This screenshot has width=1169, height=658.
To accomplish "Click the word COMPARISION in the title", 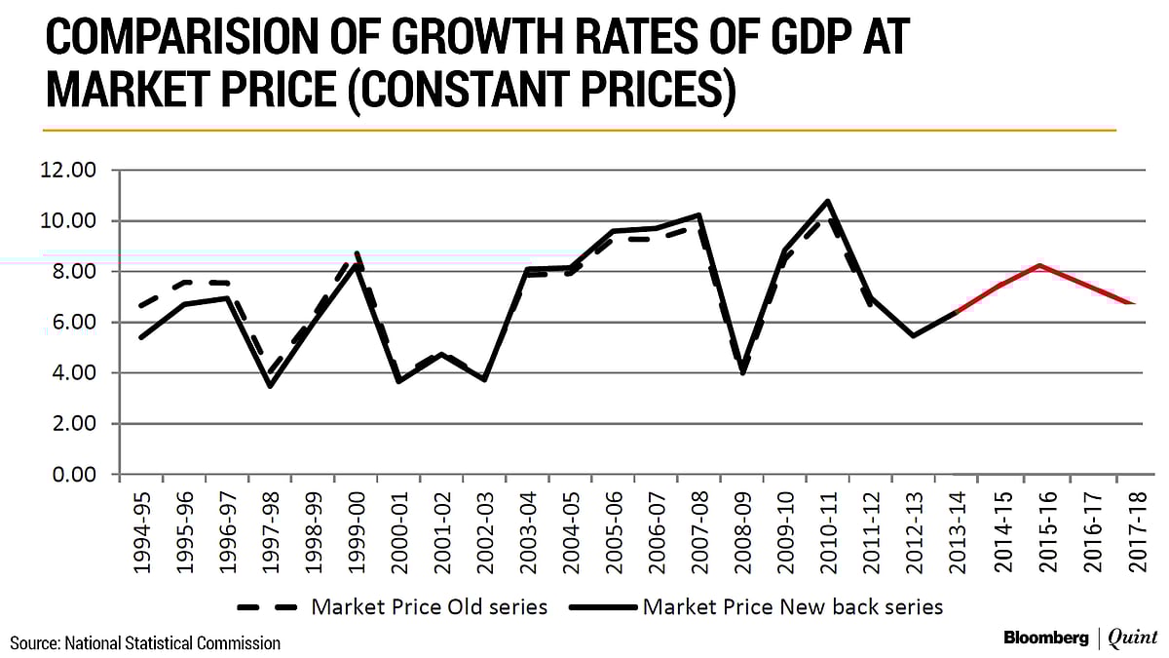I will point(166,40).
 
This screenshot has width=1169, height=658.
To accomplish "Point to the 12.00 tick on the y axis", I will point(68,171).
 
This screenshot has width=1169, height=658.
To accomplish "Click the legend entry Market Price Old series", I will point(429,606).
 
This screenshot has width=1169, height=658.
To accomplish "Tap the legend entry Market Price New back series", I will point(791,606).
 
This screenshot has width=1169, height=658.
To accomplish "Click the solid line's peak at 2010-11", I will point(827,201).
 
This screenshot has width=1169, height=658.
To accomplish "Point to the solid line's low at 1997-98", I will point(270,386).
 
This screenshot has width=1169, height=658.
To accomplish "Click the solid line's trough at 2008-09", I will point(741,372).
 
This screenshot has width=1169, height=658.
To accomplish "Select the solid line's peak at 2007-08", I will point(698,214).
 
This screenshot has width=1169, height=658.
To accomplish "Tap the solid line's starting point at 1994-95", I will point(142,337).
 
